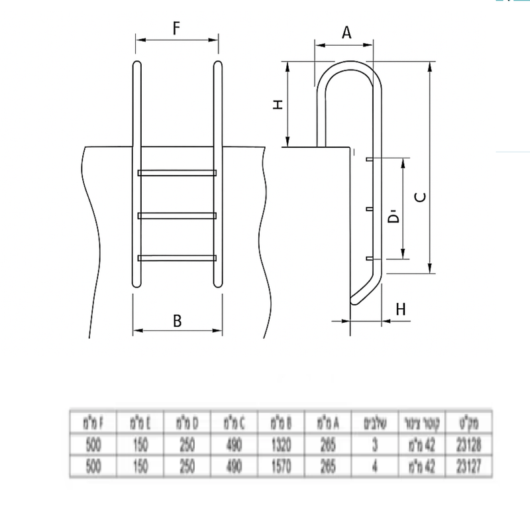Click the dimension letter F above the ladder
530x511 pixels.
pos(177,28)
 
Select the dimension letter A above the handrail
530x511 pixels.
pos(345,33)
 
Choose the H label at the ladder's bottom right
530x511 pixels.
pos(399,309)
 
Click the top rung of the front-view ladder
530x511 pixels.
pos(177,173)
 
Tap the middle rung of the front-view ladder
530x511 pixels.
pos(177,215)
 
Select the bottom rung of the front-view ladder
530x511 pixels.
pos(177,257)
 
